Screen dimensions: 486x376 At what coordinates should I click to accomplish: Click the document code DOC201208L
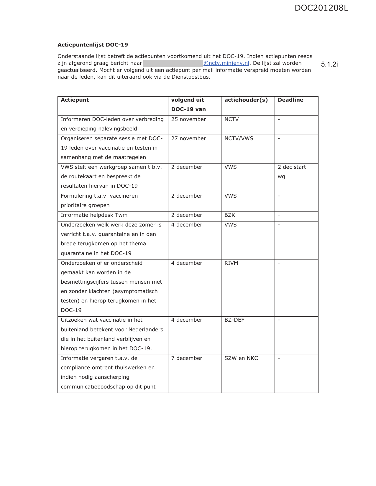click(321, 8)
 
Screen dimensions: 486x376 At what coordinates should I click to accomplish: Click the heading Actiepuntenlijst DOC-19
click(93, 45)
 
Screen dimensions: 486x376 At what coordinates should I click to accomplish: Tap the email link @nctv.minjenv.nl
click(226, 63)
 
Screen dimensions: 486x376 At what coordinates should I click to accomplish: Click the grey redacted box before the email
click(173, 63)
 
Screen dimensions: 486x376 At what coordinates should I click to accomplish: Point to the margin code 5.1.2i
click(329, 64)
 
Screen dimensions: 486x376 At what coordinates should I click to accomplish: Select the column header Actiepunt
click(75, 100)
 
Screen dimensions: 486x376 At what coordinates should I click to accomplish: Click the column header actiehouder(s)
click(246, 100)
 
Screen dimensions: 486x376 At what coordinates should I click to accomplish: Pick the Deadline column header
click(290, 100)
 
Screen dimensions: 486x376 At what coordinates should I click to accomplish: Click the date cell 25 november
click(188, 119)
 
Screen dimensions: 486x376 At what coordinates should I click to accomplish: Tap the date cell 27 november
click(188, 138)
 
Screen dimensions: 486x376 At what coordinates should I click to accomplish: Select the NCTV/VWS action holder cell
click(239, 138)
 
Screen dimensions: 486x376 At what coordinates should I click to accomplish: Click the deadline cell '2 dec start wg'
click(292, 172)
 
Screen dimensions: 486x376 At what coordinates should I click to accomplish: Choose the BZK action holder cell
click(229, 215)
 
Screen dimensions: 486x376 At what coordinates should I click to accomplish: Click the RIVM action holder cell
click(231, 263)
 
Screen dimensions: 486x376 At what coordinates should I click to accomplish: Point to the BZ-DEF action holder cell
click(234, 320)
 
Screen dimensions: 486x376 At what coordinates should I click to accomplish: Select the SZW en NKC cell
click(241, 358)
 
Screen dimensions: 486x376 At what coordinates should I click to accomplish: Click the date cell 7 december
click(187, 358)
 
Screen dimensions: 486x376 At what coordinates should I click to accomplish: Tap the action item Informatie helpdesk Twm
click(94, 215)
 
